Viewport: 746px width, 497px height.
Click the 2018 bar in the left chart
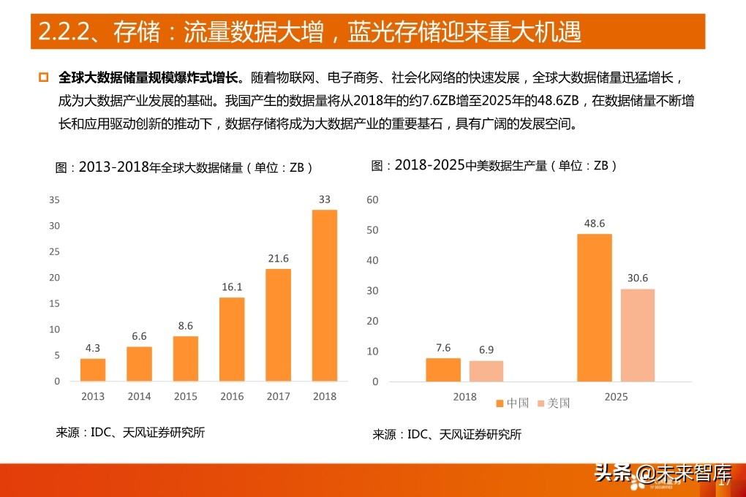(325, 295)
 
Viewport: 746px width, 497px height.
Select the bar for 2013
(93, 370)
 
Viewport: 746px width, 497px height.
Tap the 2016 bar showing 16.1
(232, 339)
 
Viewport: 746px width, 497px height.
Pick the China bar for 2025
(594, 308)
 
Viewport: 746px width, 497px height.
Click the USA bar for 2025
(638, 335)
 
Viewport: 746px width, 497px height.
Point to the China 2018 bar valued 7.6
(443, 370)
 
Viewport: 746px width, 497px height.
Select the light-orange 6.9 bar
(486, 371)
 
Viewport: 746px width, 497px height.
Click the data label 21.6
(278, 259)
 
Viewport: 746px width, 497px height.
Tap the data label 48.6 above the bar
(594, 224)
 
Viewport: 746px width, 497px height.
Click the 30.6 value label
(638, 278)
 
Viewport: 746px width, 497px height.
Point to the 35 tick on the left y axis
(54, 200)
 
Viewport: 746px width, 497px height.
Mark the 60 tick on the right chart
(372, 200)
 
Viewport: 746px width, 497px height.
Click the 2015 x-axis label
(186, 396)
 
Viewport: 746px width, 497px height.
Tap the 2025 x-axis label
(616, 396)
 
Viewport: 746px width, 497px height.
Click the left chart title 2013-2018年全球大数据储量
(184, 167)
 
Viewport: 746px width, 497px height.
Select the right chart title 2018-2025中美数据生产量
(494, 166)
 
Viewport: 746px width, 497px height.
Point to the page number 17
(726, 482)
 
